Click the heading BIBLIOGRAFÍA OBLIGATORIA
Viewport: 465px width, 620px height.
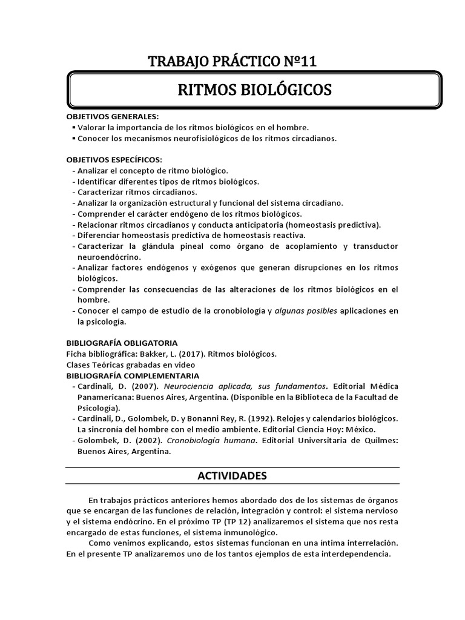click(122, 343)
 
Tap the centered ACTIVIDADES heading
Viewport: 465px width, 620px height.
click(232, 476)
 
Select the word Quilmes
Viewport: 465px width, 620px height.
click(375, 441)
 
